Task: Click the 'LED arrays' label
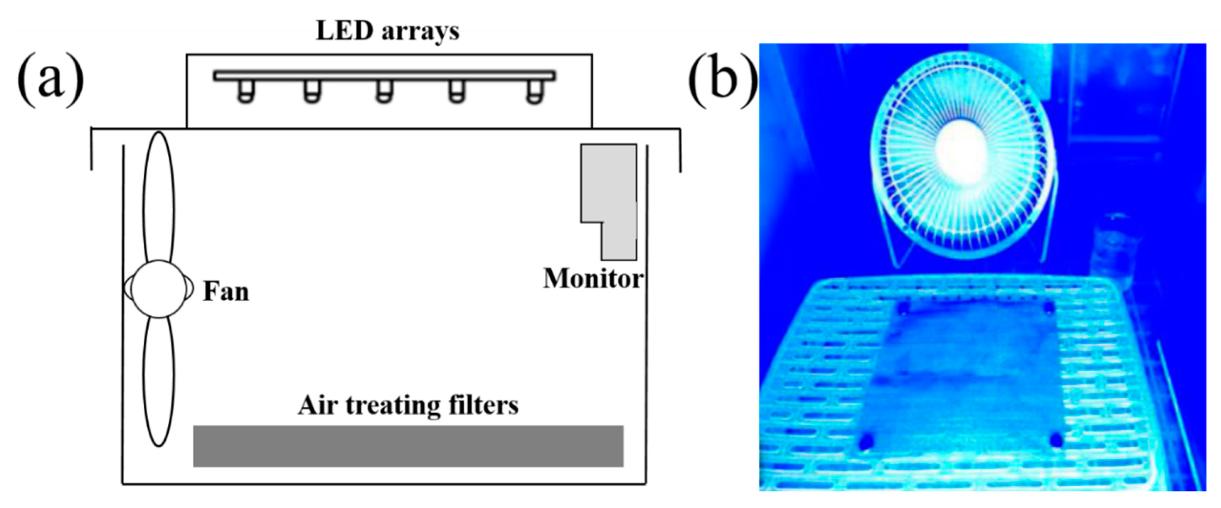387,31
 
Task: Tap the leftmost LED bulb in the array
246,91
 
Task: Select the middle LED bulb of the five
384,91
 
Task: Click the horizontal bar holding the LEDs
384,76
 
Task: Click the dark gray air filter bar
407,446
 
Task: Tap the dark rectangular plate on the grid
962,374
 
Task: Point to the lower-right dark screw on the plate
1056,440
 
